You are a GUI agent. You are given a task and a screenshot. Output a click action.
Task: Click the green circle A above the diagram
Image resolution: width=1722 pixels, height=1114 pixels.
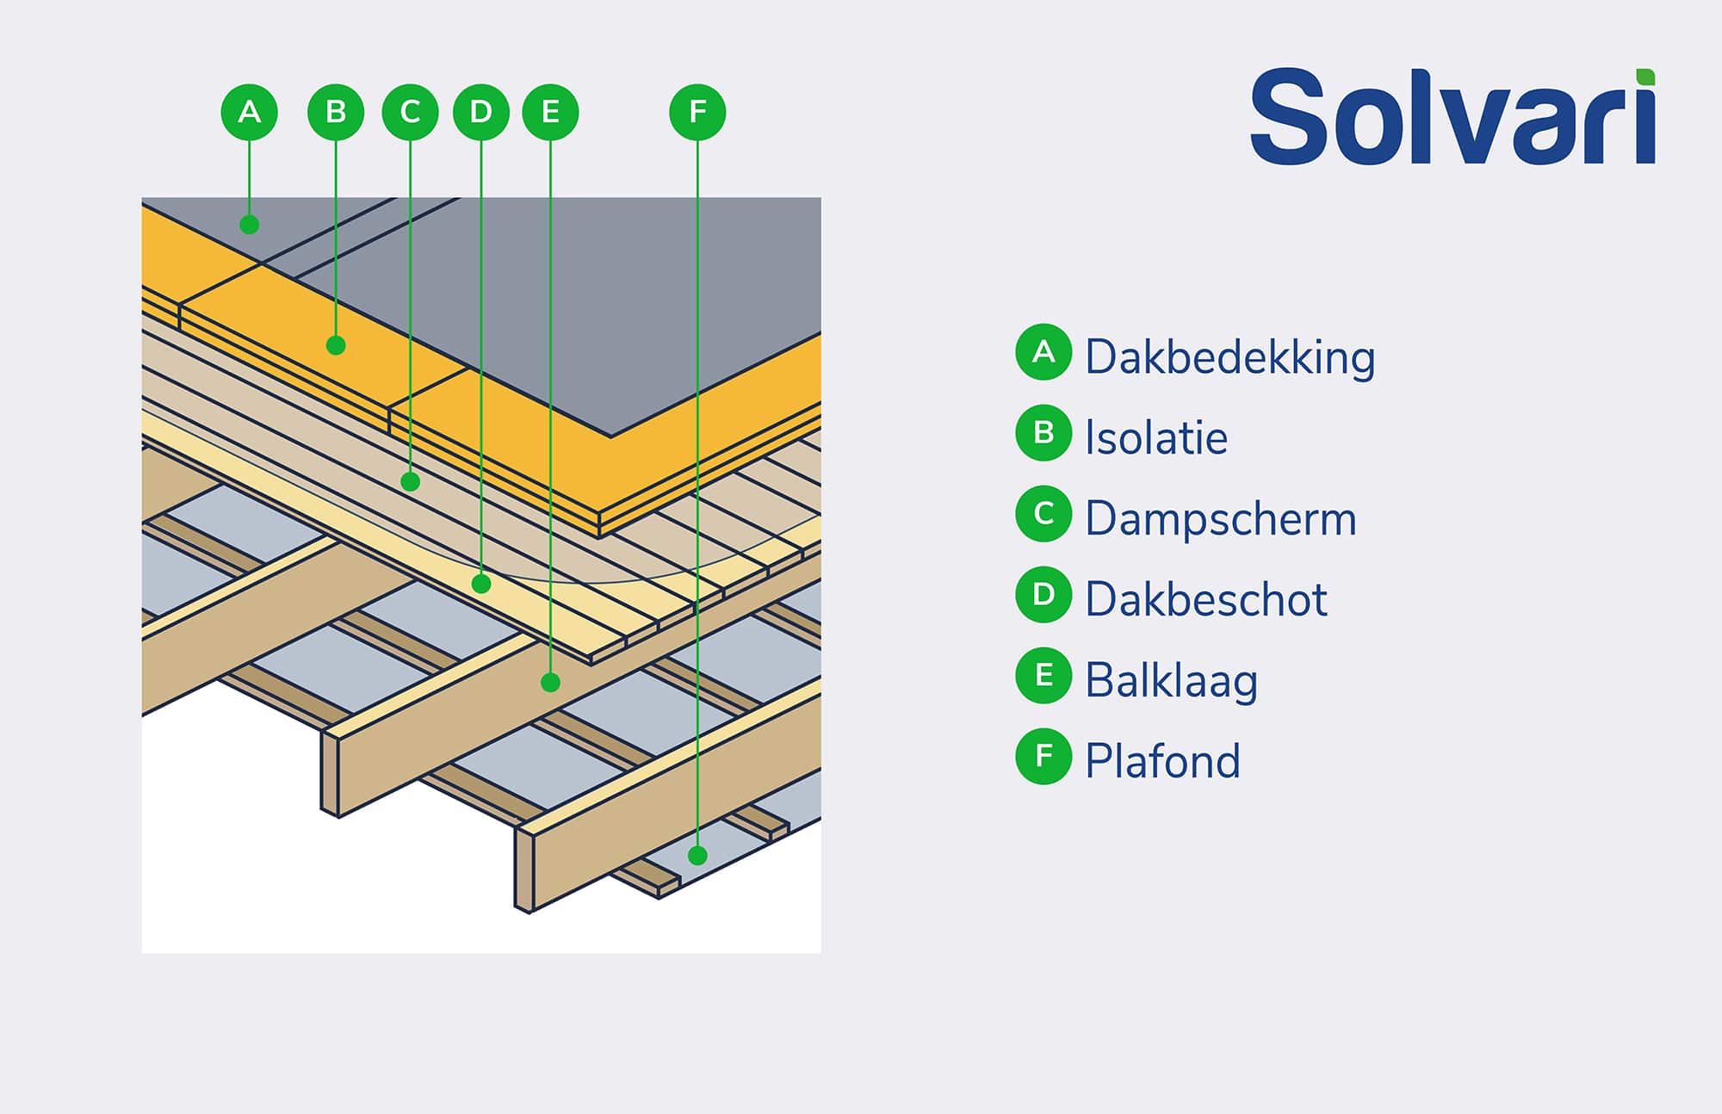click(249, 112)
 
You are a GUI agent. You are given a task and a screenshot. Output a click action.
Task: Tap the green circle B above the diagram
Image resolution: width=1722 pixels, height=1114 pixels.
click(336, 112)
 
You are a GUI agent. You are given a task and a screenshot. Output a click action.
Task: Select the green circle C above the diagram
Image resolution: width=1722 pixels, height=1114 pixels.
click(410, 112)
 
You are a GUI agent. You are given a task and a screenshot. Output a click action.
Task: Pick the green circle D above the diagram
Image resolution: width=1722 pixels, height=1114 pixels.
click(480, 112)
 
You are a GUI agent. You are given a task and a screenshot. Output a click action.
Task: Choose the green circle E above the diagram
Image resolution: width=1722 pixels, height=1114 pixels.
click(550, 112)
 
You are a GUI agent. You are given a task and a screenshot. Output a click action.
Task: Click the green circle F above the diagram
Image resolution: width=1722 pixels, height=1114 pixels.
click(697, 112)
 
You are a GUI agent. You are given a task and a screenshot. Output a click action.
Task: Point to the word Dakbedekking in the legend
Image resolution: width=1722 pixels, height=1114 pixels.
click(1230, 357)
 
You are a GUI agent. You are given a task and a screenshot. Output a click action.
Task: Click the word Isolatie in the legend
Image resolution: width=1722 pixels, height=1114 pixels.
click(1155, 437)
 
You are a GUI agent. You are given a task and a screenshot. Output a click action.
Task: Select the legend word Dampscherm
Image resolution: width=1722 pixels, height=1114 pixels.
click(1220, 519)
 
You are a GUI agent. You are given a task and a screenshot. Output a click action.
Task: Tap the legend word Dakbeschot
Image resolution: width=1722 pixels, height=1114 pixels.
click(1205, 599)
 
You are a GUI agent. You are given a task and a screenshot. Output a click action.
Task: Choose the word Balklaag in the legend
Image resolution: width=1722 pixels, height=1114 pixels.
click(1171, 680)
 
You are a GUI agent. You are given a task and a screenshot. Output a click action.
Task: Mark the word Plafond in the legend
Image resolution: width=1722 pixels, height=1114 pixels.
click(1162, 761)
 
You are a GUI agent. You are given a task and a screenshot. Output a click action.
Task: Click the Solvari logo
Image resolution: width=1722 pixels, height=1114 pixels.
click(1453, 117)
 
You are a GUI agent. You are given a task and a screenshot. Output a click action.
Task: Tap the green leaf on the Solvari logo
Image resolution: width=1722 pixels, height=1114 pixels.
click(1645, 77)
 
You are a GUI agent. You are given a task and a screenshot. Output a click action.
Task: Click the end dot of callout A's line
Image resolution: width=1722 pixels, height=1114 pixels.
click(250, 225)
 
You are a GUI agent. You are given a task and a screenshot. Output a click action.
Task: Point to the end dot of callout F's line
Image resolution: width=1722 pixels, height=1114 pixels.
click(697, 855)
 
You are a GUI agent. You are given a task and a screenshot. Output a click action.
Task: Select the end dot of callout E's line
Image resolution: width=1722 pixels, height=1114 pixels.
click(550, 683)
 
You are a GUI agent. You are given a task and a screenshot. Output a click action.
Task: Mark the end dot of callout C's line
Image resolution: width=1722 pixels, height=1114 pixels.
click(411, 481)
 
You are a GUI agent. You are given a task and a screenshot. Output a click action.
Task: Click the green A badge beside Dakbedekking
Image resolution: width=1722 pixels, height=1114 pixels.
click(1044, 352)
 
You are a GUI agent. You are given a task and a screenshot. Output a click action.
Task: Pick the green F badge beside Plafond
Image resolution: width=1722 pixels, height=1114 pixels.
click(1044, 756)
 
